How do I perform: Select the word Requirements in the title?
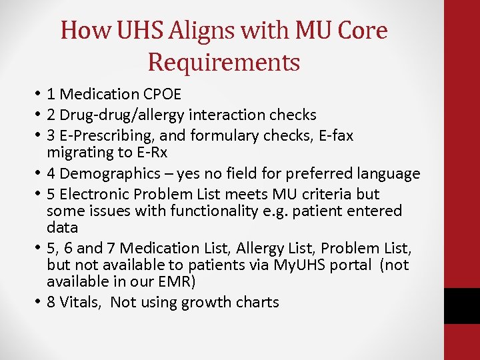(224, 62)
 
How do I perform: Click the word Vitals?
(80, 302)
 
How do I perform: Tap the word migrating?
(81, 153)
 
